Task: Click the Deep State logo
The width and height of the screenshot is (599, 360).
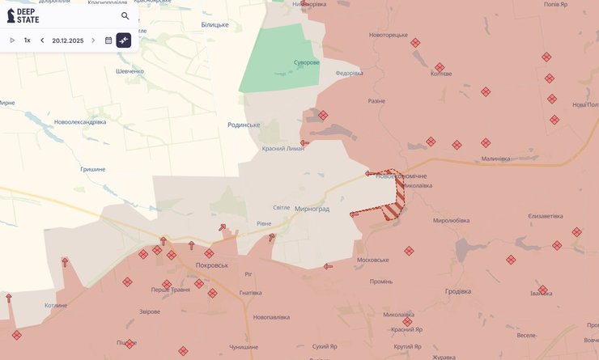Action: (x=23, y=15)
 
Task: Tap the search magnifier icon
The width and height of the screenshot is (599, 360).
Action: (x=125, y=15)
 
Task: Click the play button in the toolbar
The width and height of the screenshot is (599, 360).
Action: (x=12, y=40)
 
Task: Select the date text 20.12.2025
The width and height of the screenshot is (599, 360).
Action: (x=68, y=40)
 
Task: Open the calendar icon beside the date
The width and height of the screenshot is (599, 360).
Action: (x=108, y=40)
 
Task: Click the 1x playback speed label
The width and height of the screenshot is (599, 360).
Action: (x=27, y=40)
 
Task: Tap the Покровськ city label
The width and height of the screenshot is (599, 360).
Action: (x=212, y=265)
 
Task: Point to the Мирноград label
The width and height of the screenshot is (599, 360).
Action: (x=312, y=209)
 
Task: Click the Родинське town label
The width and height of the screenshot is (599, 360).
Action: (x=244, y=125)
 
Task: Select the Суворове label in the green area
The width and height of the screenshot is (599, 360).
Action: (x=306, y=62)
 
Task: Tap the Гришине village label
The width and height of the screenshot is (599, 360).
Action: (x=93, y=169)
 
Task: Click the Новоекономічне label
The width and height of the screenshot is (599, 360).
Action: (x=401, y=176)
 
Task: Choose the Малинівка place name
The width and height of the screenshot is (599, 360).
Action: (x=495, y=159)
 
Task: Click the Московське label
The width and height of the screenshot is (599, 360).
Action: (x=372, y=260)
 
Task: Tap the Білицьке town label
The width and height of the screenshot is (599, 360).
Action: (x=215, y=24)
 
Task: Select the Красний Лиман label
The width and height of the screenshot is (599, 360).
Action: (x=283, y=149)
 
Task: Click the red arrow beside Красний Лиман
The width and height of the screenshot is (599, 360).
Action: (x=304, y=143)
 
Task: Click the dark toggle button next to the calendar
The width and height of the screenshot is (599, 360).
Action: (x=124, y=40)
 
